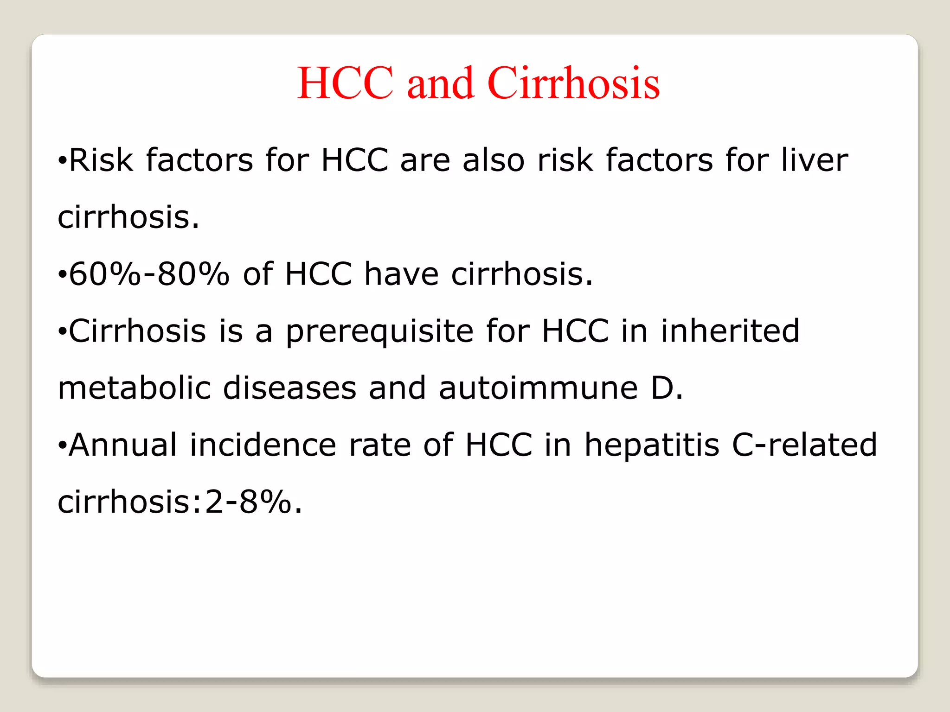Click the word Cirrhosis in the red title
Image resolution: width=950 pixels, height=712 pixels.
(573, 83)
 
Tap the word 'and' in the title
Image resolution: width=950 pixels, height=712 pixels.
(441, 83)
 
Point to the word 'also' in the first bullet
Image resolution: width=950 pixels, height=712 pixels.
(494, 160)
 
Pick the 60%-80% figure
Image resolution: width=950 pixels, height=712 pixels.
(149, 274)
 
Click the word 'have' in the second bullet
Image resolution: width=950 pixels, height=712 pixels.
(401, 274)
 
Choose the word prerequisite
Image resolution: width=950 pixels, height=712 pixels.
(379, 332)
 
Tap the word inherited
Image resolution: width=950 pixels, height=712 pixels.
(730, 331)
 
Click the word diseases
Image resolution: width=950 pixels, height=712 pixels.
(290, 388)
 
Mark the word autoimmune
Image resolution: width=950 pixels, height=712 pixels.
(539, 388)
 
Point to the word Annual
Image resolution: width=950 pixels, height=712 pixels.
(123, 445)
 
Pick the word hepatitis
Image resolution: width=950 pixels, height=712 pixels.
(652, 445)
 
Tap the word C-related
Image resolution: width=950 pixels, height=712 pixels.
(804, 445)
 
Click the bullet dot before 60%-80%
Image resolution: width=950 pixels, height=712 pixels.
(62, 275)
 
